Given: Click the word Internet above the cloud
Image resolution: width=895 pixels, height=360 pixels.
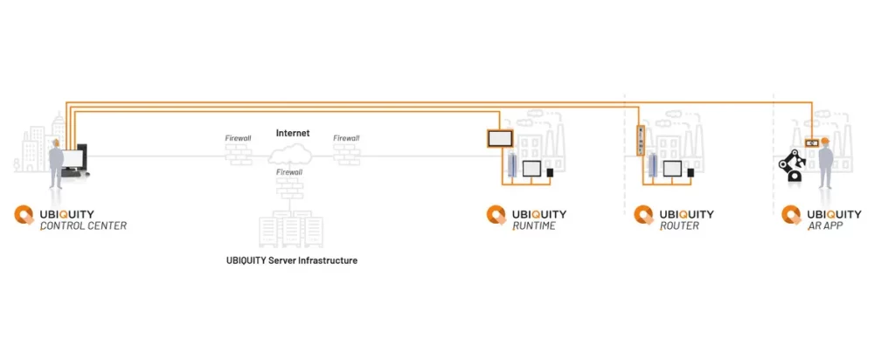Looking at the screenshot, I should [293, 134].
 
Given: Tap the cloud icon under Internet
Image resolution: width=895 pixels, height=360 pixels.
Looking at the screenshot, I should [292, 156].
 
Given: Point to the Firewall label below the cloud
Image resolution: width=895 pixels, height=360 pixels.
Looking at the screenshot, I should [289, 173].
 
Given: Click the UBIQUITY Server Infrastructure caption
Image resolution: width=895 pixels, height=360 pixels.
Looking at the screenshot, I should [292, 260].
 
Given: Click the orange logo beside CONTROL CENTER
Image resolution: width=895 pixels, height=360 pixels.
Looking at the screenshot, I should [25, 217].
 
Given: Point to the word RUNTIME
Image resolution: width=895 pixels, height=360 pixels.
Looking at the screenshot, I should [533, 226].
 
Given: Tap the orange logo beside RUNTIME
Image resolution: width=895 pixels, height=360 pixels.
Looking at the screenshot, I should [496, 216].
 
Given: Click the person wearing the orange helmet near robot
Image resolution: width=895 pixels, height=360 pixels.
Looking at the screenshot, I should [822, 163].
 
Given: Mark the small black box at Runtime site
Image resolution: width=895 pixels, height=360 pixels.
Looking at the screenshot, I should [550, 172].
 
